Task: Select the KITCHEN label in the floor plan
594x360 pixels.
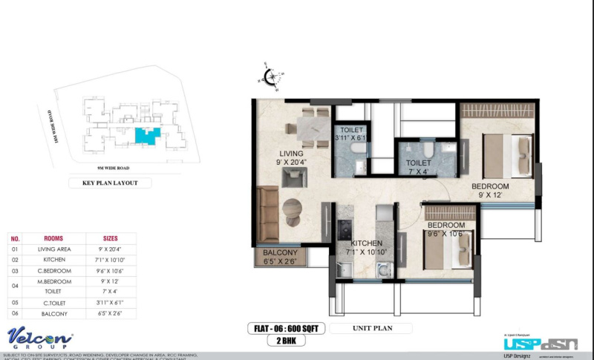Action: click(x=367, y=243)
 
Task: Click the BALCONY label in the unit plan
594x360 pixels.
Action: click(x=280, y=253)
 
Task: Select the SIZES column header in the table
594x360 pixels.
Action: click(x=110, y=238)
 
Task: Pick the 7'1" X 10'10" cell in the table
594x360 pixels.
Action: click(x=110, y=261)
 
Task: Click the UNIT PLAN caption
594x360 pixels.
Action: click(x=361, y=327)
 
